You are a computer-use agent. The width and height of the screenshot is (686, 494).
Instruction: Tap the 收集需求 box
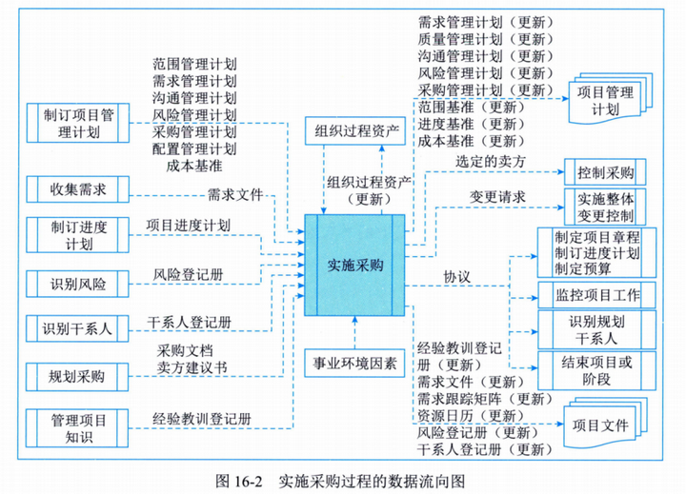[x=79, y=188]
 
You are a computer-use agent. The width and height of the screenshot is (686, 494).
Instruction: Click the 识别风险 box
[x=79, y=283]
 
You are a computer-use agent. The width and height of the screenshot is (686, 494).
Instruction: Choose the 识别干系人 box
[x=79, y=329]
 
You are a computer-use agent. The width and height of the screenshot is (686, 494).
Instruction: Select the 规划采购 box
[x=79, y=376]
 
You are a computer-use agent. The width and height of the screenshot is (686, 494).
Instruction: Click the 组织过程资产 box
[x=353, y=130]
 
